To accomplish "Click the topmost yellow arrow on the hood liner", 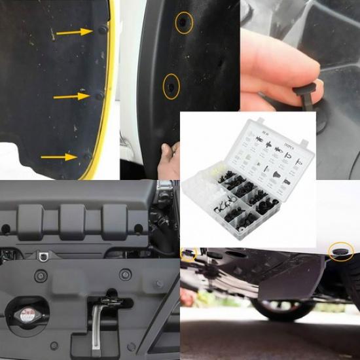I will [73, 31].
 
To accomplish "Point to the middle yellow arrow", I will [71, 97].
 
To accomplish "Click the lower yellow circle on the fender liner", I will [171, 86].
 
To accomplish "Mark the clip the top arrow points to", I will [102, 30].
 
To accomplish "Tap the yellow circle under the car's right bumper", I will [340, 252].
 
